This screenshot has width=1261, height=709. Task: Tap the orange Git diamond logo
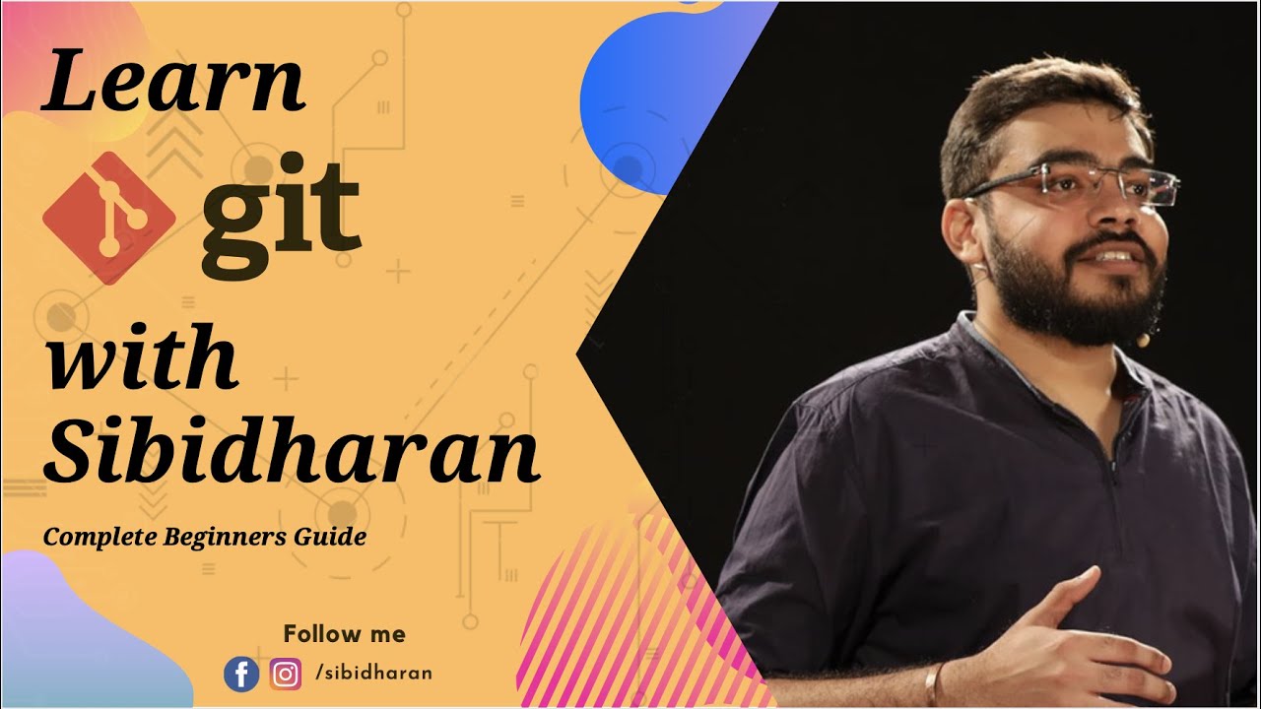[x=108, y=218]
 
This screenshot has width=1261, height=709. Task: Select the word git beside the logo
[x=281, y=222]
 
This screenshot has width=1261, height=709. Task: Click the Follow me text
[x=344, y=633]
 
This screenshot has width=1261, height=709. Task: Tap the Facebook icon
[x=241, y=675]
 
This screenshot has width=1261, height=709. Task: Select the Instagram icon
[x=286, y=675]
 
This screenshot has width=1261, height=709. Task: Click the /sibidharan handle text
[x=374, y=674]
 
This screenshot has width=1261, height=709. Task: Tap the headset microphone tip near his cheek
[x=1143, y=340]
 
